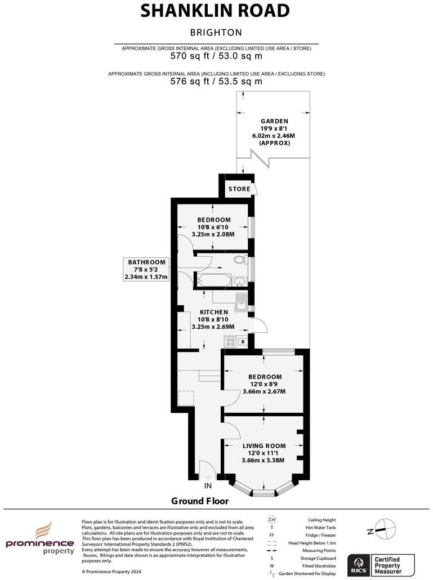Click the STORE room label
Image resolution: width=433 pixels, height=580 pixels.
click(239, 189)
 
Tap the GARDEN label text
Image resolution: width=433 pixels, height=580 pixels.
click(274, 121)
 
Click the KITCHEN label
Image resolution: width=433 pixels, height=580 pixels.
click(214, 312)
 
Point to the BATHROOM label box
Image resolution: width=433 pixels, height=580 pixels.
click(146, 269)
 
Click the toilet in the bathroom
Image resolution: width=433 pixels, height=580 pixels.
click(241, 260)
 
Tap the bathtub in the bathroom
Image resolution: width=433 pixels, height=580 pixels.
click(212, 280)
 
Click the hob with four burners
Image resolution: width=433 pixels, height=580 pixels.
click(230, 341)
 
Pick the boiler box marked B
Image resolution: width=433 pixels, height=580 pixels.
click(243, 341)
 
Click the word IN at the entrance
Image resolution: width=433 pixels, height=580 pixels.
click(208, 485)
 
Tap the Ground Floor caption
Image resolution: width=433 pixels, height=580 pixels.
click(200, 501)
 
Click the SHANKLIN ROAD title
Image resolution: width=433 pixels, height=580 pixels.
click(216, 11)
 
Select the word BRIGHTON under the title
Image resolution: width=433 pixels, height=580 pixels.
click(216, 33)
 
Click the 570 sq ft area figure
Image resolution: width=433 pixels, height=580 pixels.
click(216, 56)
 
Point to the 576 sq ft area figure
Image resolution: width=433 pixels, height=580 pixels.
click(216, 81)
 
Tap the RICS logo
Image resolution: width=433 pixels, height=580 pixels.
click(358, 564)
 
